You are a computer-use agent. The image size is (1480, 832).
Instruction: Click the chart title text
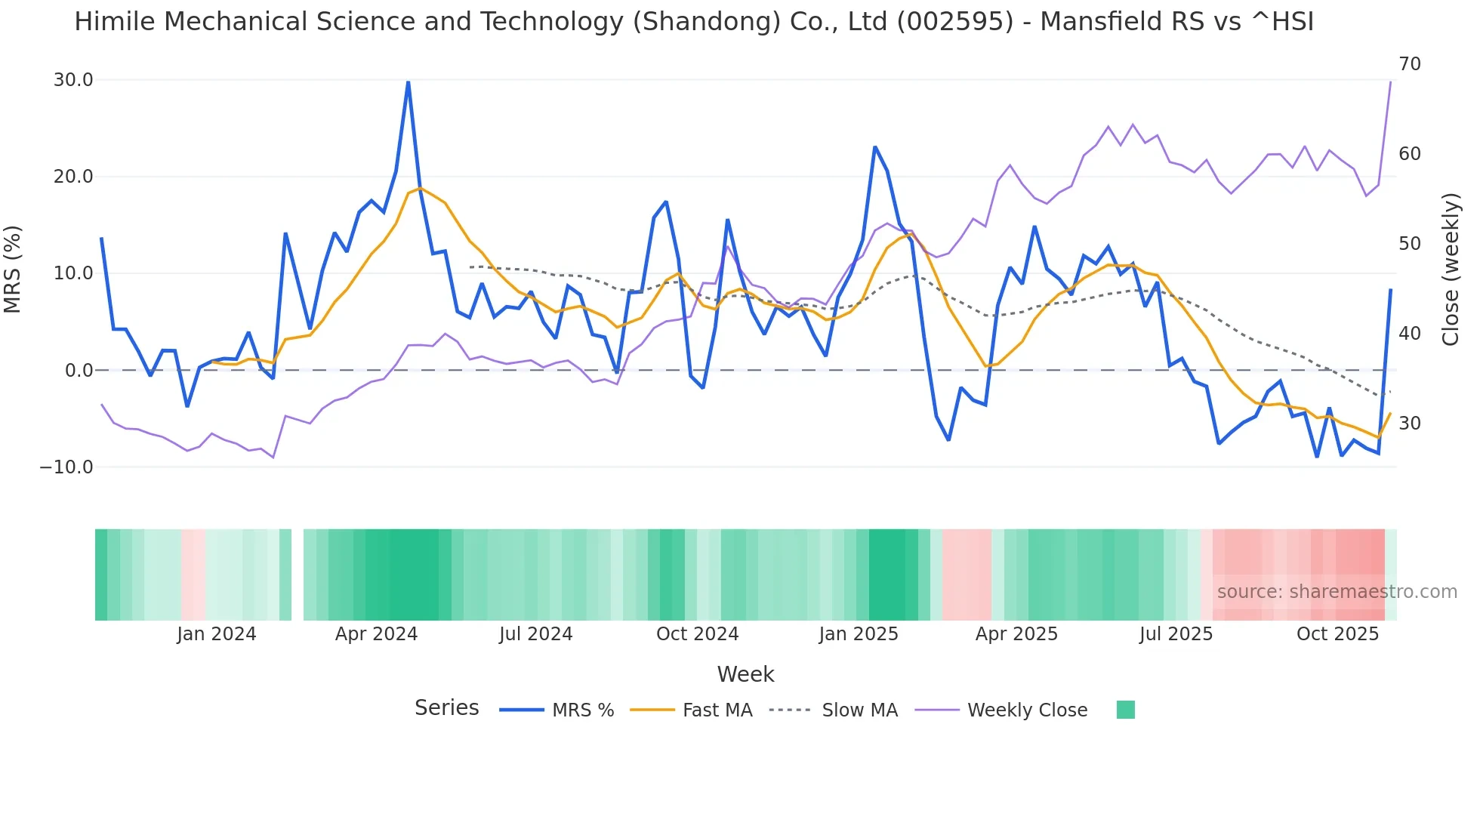click(x=693, y=22)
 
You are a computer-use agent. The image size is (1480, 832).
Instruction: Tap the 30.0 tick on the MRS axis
click(x=73, y=80)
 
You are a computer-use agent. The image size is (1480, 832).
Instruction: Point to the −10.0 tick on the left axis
click(x=66, y=467)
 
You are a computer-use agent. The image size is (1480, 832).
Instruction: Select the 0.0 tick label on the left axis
click(x=79, y=371)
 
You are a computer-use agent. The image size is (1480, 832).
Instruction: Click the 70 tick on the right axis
click(x=1409, y=64)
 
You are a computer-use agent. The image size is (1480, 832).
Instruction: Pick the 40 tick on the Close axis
click(x=1409, y=334)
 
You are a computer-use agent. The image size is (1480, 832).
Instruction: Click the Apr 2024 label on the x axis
click(x=376, y=634)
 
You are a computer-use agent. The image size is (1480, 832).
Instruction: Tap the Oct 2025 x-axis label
click(x=1337, y=634)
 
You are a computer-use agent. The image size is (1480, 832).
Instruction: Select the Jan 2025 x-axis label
click(x=859, y=634)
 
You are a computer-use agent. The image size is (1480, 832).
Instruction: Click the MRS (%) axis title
click(x=13, y=270)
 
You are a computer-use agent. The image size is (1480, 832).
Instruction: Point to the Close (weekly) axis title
click(x=1450, y=270)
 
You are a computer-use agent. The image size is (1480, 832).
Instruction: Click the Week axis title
click(x=745, y=674)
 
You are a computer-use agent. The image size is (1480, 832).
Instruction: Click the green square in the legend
click(x=1125, y=710)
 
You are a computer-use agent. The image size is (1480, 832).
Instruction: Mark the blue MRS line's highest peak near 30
click(x=408, y=82)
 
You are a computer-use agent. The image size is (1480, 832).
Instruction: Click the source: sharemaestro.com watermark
click(x=1337, y=592)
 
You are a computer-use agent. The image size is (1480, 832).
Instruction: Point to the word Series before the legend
click(x=446, y=708)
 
